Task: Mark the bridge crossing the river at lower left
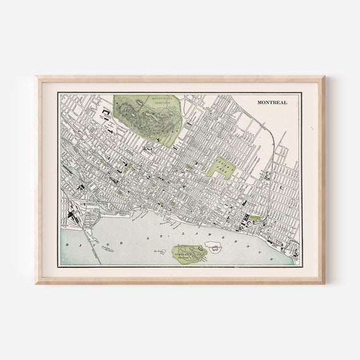tap(95, 249)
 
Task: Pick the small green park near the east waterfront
tap(255, 218)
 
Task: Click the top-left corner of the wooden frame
tap(37, 78)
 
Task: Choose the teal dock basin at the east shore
tap(291, 248)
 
